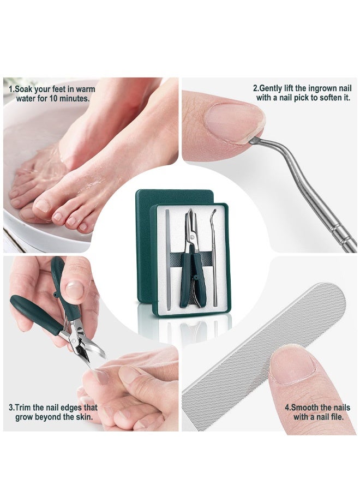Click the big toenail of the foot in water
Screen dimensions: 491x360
43,205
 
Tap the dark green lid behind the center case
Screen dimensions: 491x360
143,218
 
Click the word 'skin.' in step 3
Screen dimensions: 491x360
81,417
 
